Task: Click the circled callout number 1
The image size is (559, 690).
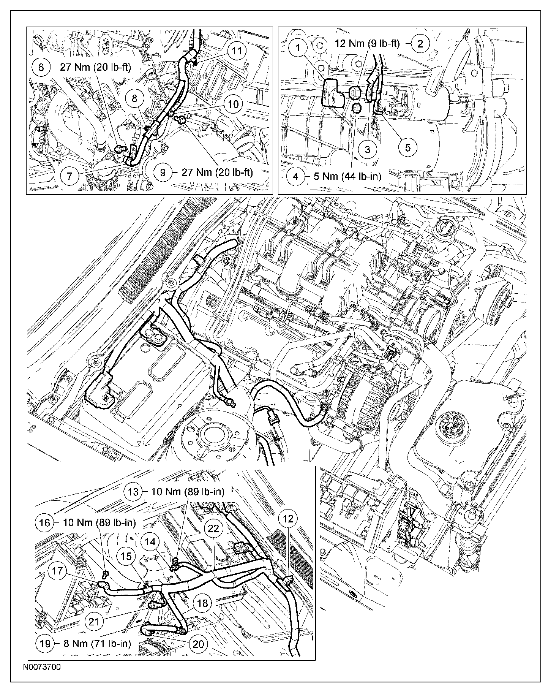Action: click(298, 47)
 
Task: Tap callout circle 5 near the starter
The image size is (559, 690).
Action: click(408, 147)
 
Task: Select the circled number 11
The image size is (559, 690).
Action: click(237, 51)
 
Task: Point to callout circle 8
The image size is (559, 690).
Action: click(134, 99)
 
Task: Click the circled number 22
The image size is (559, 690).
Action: click(214, 529)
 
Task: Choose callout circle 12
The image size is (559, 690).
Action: click(288, 518)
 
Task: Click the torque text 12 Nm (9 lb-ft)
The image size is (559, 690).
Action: click(367, 44)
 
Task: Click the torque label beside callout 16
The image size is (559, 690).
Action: click(99, 522)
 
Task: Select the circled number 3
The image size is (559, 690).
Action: click(367, 149)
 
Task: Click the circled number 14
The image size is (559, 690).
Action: click(151, 542)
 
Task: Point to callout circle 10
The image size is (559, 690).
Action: click(234, 104)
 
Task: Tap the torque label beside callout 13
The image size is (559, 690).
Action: click(188, 491)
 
